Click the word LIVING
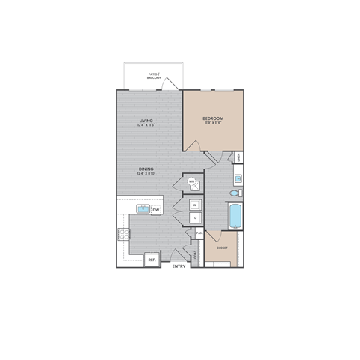click(x=146, y=121)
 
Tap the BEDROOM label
click(x=214, y=119)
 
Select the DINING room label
click(x=146, y=169)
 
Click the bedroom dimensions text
click(x=214, y=124)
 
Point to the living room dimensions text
click(x=146, y=125)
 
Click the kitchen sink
click(x=140, y=209)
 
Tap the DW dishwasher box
click(x=155, y=210)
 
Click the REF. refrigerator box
click(x=151, y=259)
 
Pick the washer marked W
click(x=194, y=204)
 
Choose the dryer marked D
click(x=194, y=217)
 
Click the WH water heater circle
click(x=192, y=182)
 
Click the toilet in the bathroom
click(x=235, y=193)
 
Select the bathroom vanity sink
click(x=237, y=178)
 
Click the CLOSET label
click(x=222, y=247)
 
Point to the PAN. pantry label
click(x=199, y=233)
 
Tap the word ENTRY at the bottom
click(x=178, y=266)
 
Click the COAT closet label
click(x=196, y=253)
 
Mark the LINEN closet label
click(x=238, y=157)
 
